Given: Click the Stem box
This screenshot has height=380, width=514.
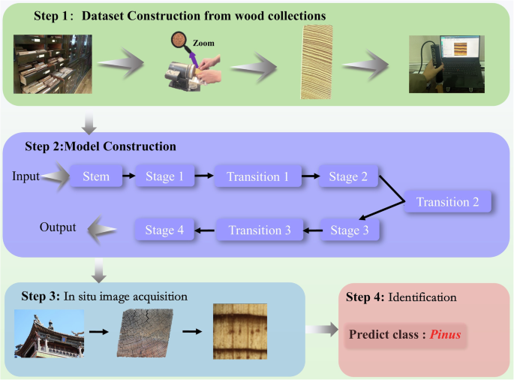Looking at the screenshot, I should [95, 178].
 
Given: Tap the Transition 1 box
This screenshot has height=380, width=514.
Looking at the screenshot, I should [257, 178].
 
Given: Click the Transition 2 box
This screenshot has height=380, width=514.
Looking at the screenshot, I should [447, 202].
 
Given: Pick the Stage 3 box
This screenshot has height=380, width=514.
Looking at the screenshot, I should [350, 229].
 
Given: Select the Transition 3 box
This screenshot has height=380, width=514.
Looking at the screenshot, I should [260, 230].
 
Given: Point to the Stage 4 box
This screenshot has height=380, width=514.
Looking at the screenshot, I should [164, 230].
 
